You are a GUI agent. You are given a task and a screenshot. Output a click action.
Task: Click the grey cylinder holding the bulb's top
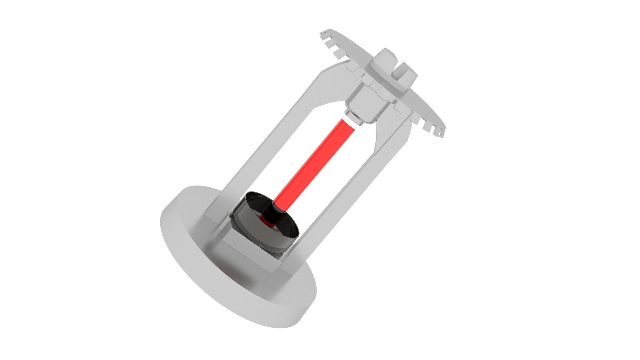click(x=367, y=103)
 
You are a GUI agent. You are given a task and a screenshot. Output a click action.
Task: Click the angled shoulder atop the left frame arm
click(x=330, y=70)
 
